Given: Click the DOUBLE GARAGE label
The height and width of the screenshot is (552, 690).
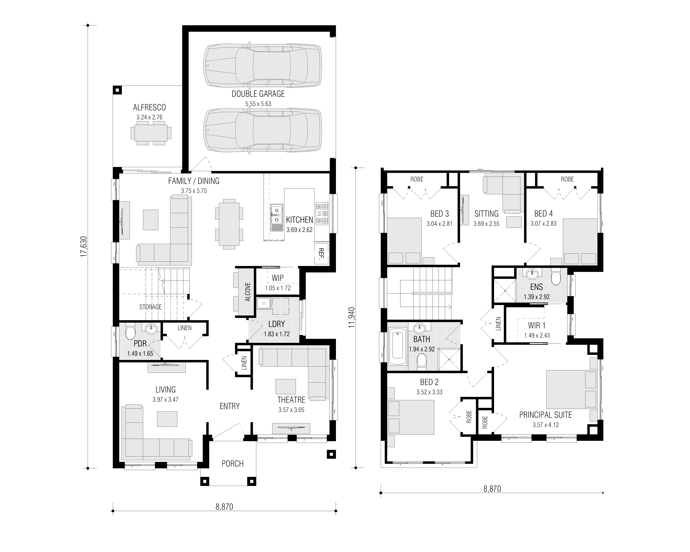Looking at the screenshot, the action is pyautogui.click(x=258, y=94).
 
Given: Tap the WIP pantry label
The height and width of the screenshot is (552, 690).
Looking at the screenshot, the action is pyautogui.click(x=278, y=278).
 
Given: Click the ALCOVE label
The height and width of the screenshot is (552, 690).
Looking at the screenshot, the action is pyautogui.click(x=248, y=292).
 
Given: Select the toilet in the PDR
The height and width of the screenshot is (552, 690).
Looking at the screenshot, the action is pyautogui.click(x=130, y=331).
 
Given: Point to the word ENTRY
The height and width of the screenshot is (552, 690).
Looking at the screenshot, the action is pyautogui.click(x=229, y=406).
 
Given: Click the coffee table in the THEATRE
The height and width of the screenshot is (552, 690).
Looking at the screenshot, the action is pyautogui.click(x=286, y=387).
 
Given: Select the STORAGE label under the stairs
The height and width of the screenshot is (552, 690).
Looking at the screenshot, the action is pyautogui.click(x=150, y=307).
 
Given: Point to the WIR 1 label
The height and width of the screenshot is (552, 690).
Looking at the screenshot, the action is pyautogui.click(x=537, y=325).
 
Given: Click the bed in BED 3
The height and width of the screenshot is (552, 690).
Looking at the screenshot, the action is pyautogui.click(x=404, y=241).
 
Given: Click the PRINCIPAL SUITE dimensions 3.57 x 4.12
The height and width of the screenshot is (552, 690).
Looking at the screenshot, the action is pyautogui.click(x=546, y=425).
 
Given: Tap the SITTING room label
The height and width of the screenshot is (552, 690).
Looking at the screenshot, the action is pyautogui.click(x=486, y=214).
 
